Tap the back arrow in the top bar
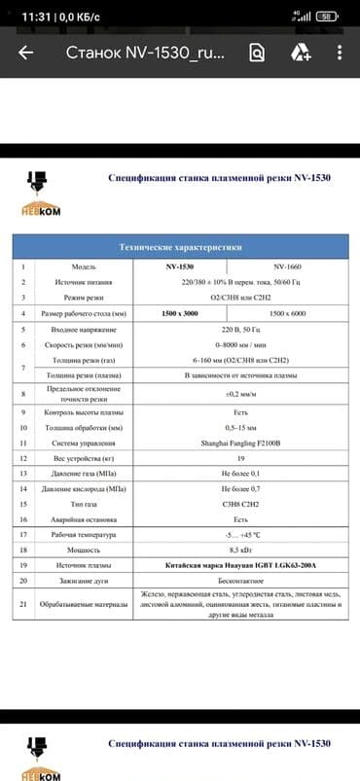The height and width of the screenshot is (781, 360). [x=22, y=53]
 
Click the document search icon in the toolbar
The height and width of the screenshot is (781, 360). [x=257, y=54]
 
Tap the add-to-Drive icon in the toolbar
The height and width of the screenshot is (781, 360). [x=300, y=54]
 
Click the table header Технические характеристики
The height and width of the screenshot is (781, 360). [x=180, y=247]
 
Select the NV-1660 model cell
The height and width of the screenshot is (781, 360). [x=289, y=266]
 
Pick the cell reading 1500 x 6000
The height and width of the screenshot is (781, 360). [x=289, y=314]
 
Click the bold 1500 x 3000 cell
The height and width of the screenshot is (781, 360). [x=180, y=314]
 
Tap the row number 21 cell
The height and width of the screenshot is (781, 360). [x=22, y=604]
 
